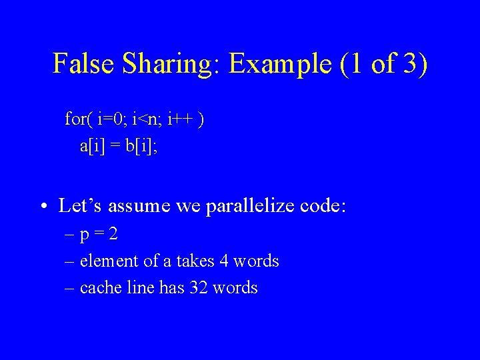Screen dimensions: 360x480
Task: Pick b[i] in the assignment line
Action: (141, 146)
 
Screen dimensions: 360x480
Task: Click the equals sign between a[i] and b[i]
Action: (115, 147)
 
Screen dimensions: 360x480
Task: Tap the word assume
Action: (139, 207)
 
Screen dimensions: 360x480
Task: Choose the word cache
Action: (97, 287)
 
